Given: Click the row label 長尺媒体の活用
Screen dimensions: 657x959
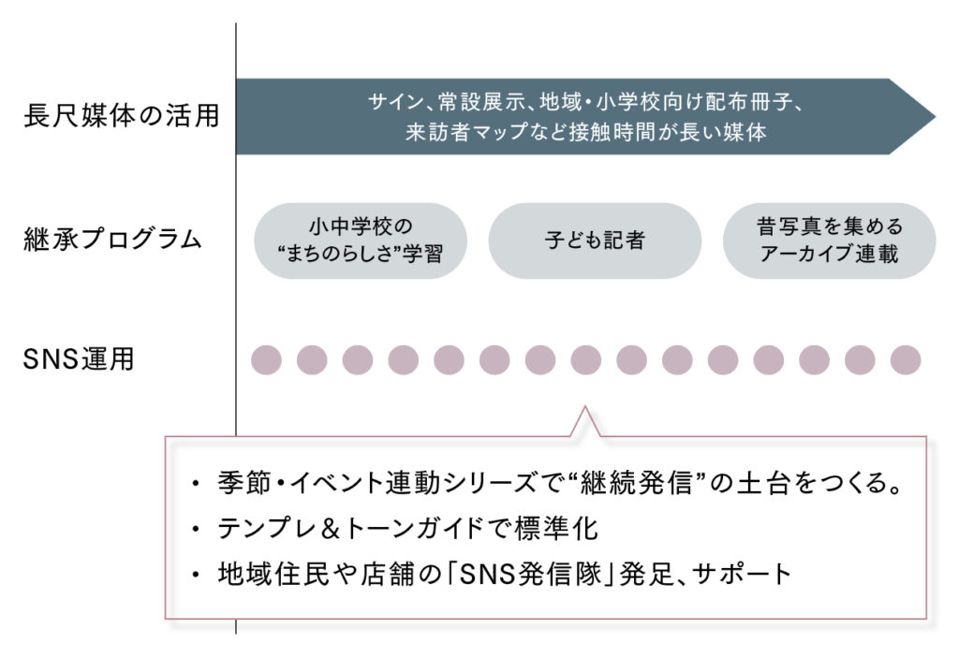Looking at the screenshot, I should coord(122,118).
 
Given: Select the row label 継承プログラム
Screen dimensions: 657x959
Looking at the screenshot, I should coord(112,240).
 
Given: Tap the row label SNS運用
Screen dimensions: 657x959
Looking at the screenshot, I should coord(79,359).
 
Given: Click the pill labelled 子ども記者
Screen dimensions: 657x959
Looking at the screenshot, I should coord(595,241).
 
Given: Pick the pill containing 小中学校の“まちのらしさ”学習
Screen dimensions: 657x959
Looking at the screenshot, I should coord(361,241).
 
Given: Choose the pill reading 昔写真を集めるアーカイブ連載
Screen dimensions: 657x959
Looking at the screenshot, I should coord(830,241).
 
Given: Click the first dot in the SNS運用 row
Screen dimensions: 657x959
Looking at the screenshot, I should coord(267,359).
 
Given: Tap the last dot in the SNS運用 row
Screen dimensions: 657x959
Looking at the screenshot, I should coord(906,359).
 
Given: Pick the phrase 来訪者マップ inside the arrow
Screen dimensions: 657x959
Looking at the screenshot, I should coord(460,132).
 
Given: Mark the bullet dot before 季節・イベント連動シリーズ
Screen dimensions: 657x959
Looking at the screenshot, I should coord(195,488).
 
